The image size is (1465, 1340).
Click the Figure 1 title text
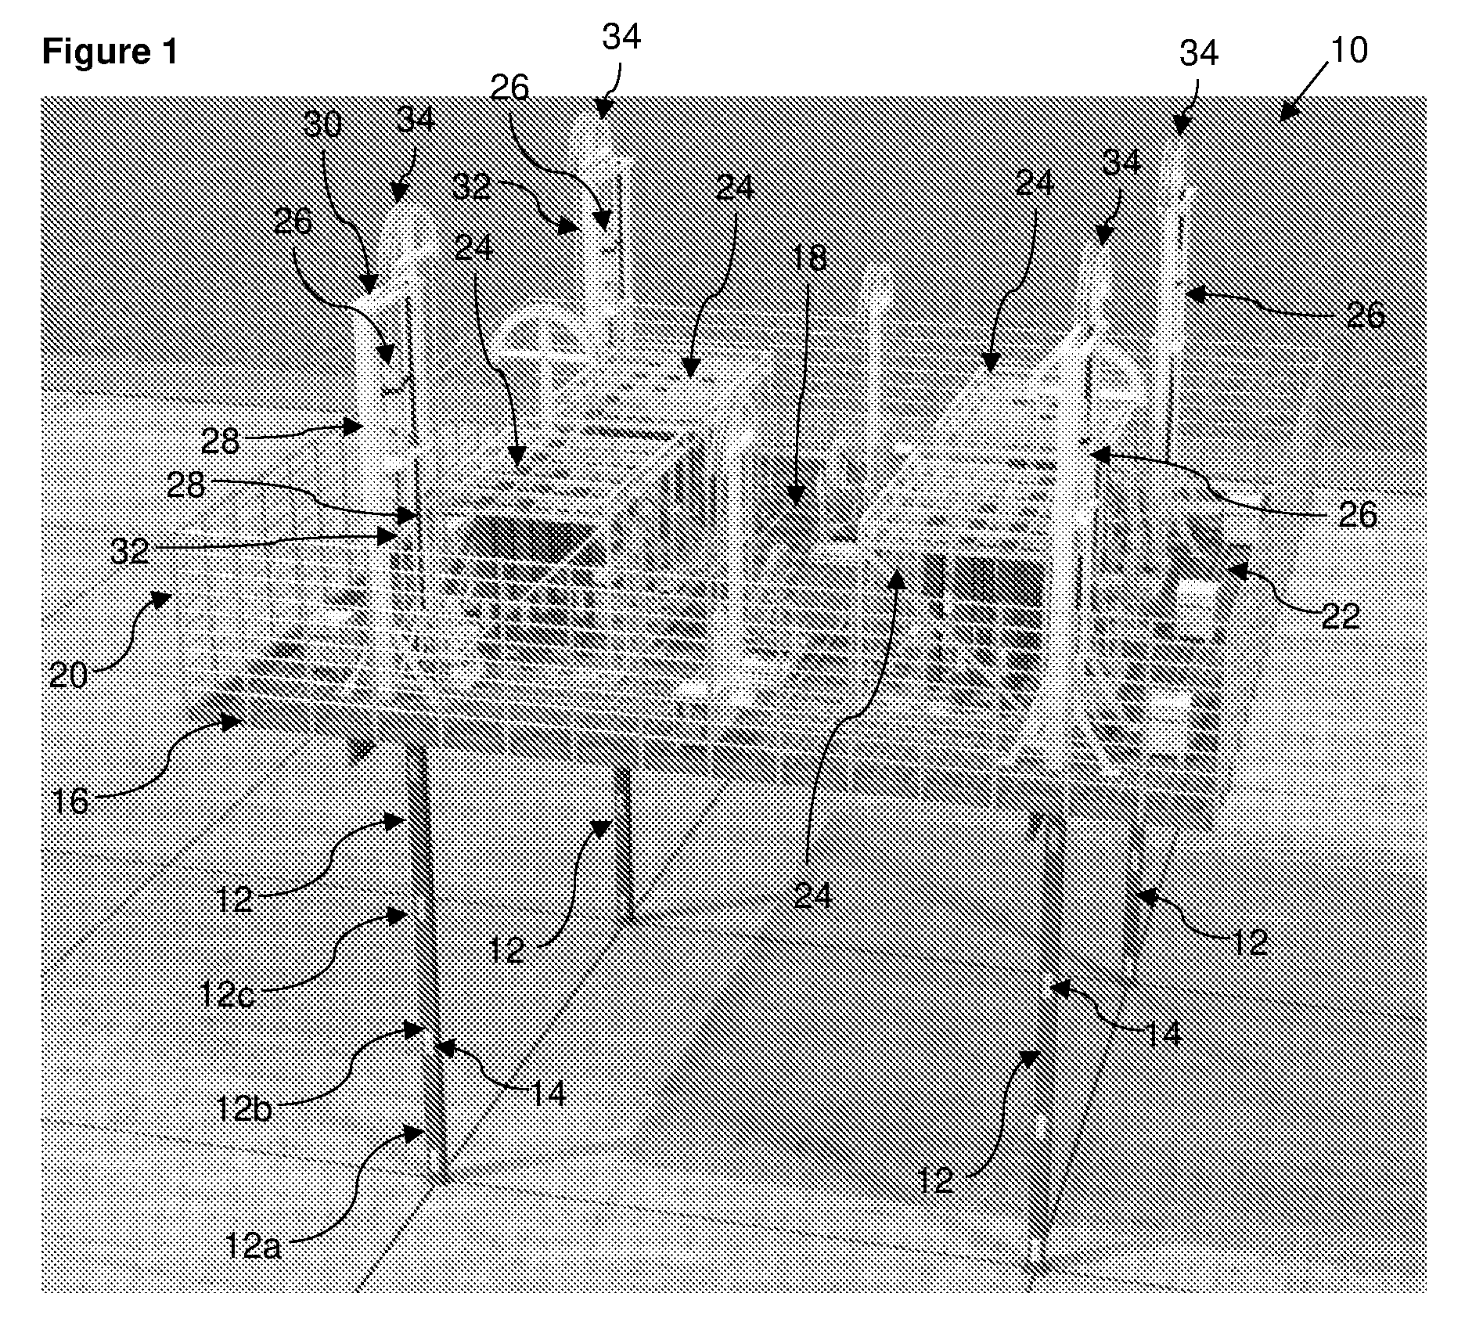tap(110, 52)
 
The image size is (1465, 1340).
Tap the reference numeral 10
tap(1348, 50)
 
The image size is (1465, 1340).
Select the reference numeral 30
tap(322, 124)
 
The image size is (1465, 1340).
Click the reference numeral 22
tap(1340, 617)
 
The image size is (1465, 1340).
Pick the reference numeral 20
tap(68, 674)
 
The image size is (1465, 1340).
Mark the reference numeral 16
tap(70, 801)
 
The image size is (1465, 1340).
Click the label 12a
tap(252, 1245)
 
